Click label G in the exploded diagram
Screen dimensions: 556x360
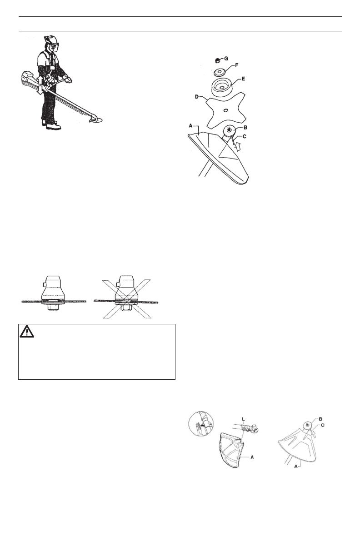coord(227,59)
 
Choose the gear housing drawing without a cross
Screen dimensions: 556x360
coord(54,296)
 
